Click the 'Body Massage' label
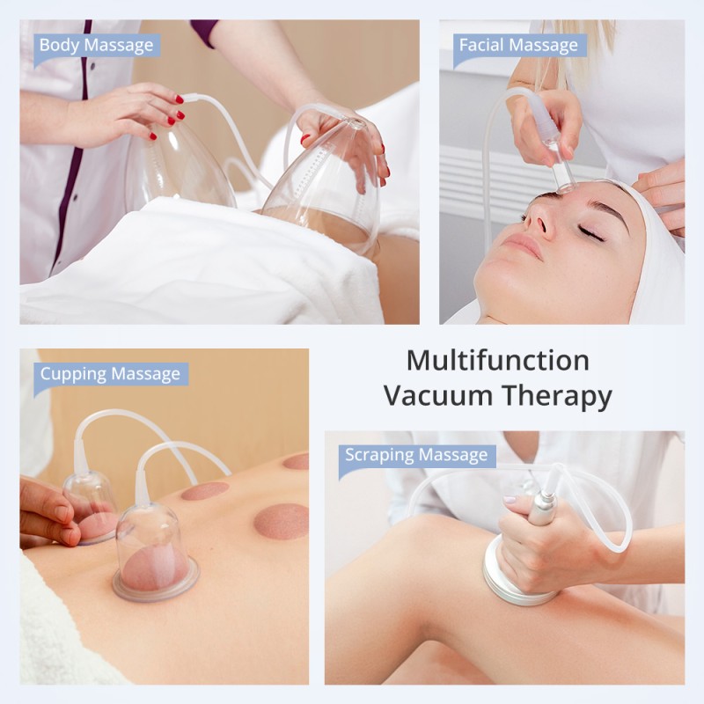tap(95, 45)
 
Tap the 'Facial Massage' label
tap(517, 45)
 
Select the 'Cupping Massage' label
tap(109, 374)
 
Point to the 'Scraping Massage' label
tap(415, 455)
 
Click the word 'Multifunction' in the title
tap(497, 361)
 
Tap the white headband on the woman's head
tap(656, 255)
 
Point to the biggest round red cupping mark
tap(281, 521)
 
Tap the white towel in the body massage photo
tap(176, 264)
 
